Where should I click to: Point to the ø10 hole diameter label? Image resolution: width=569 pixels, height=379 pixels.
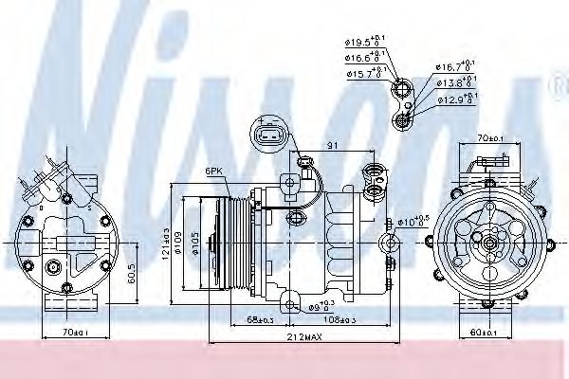click(x=411, y=222)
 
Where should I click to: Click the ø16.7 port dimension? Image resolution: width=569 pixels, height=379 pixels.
click(x=450, y=66)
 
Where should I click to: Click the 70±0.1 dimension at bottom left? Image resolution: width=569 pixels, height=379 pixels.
click(x=72, y=333)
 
